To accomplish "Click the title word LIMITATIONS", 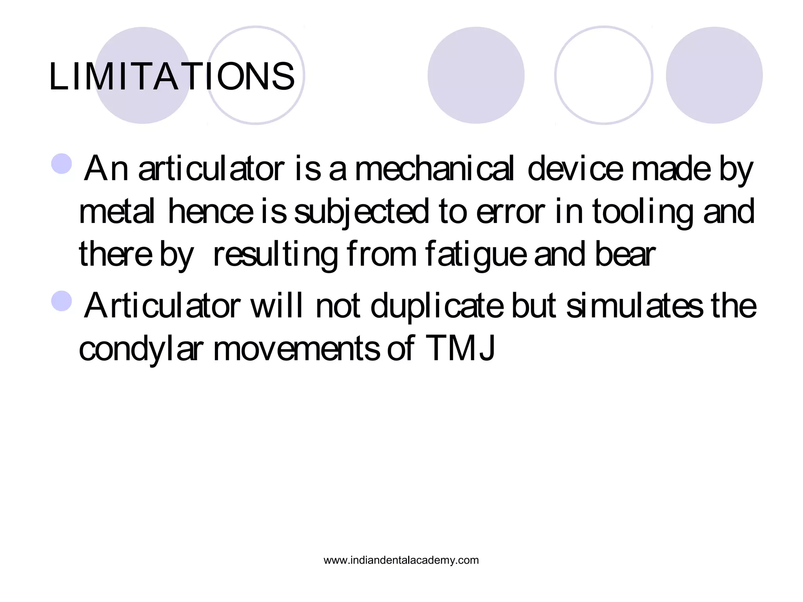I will pos(171,76).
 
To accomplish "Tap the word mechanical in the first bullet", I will pos(434,169).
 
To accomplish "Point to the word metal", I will pos(116,212).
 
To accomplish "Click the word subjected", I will pos(361,212).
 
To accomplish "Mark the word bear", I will pos(625,255).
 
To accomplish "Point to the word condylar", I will pos(141,349).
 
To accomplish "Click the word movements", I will pos(296,349).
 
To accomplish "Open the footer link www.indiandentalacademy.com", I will pos(401,560).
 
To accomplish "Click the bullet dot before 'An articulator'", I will pos(62,164).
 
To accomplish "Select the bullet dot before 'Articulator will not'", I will pos(62,301).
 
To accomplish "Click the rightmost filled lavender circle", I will pos(714,75).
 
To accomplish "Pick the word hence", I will pos(211,212).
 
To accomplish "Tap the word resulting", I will pos(275,255).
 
